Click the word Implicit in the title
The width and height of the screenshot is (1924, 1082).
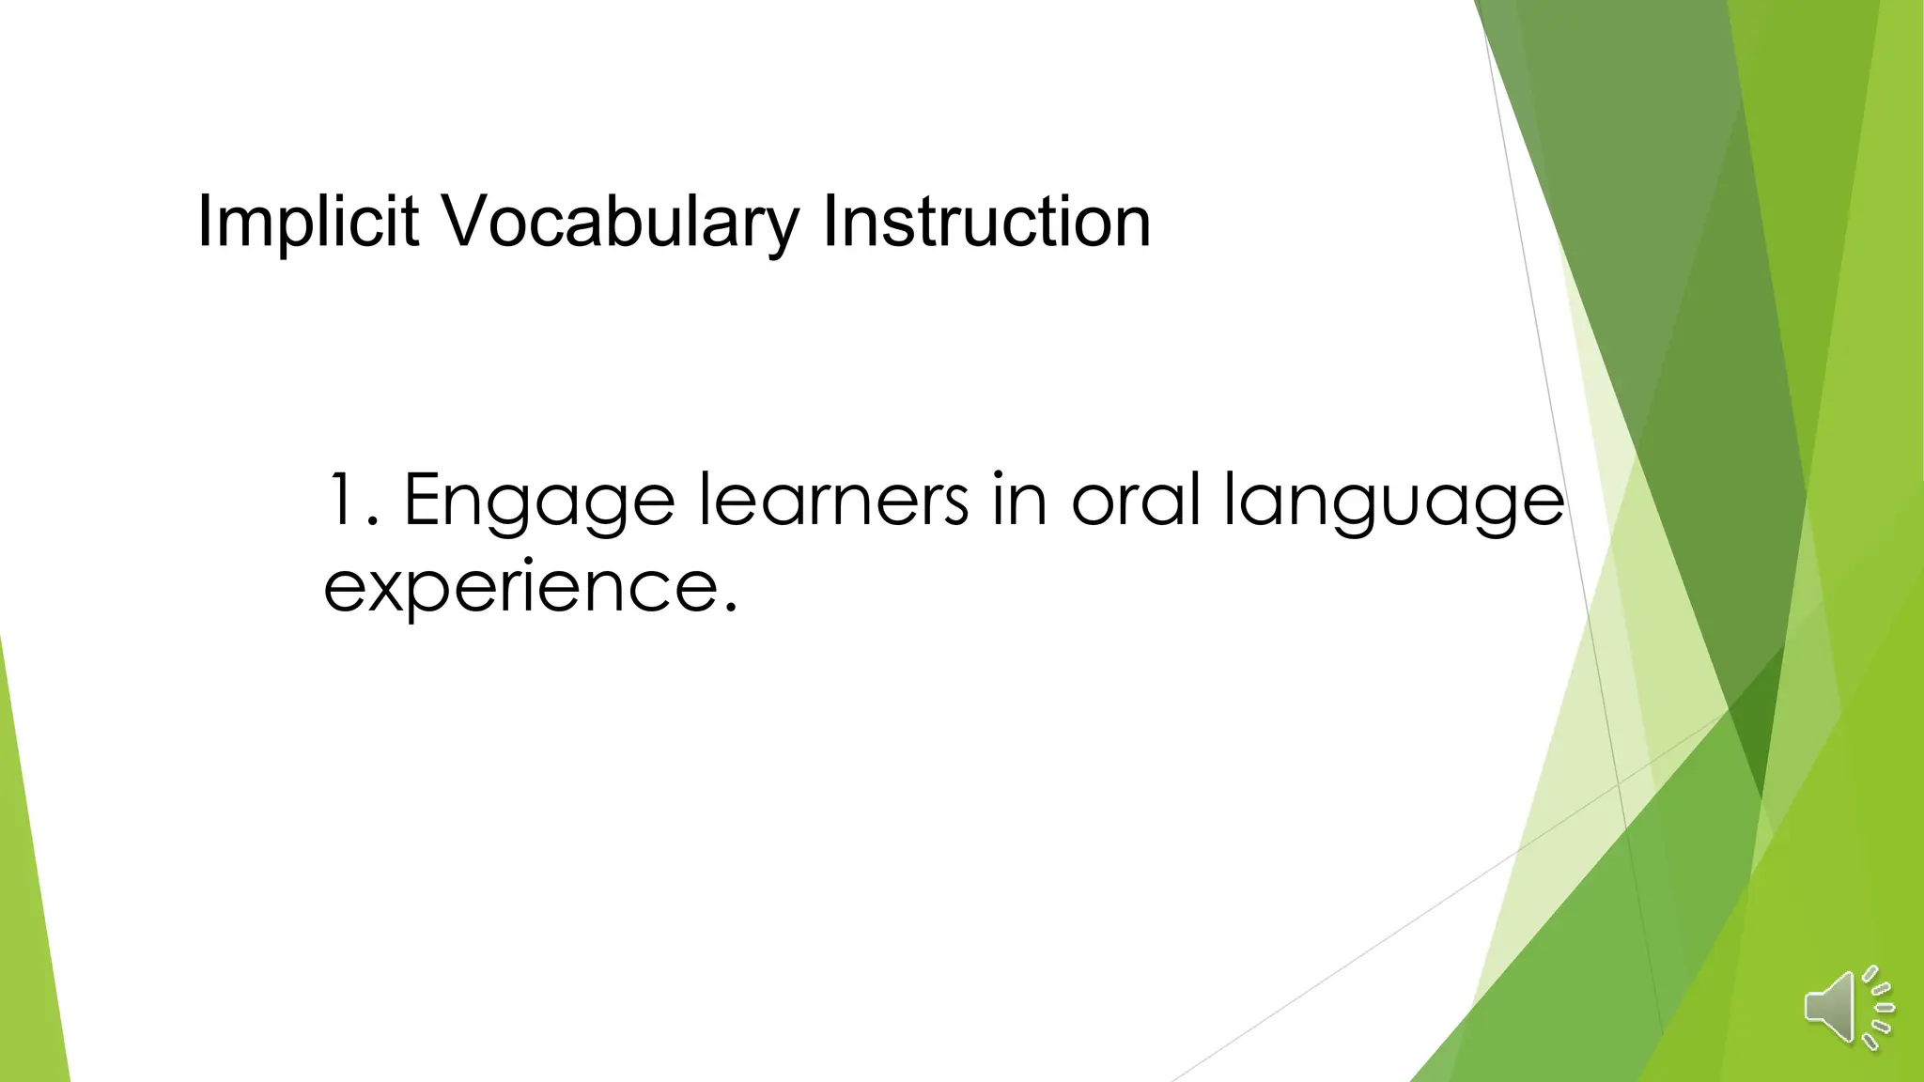307,223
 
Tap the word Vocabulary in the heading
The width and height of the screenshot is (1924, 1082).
620,223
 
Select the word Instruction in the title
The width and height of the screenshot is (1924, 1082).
985,223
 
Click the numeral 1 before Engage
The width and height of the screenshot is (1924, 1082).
340,500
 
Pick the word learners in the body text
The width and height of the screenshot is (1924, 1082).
833,500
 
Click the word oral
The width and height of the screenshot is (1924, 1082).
1136,500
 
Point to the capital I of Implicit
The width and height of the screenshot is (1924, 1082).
204,223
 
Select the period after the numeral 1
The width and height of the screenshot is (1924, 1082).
374,522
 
